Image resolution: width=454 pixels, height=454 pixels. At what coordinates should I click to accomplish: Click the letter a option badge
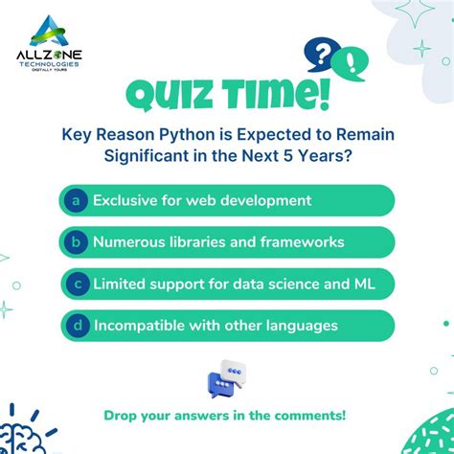pyautogui.click(x=74, y=200)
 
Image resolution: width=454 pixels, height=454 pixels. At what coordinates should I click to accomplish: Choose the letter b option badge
pyautogui.click(x=74, y=242)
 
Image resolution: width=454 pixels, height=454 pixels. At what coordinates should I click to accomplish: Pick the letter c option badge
pyautogui.click(x=74, y=284)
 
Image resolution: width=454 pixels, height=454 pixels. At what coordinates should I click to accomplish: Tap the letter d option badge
pyautogui.click(x=74, y=326)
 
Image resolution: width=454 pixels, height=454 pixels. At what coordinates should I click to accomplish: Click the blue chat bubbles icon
pyautogui.click(x=226, y=376)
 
